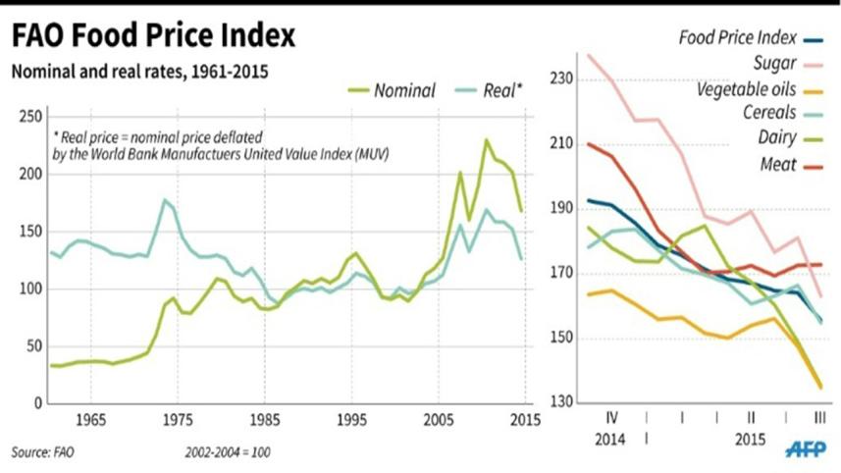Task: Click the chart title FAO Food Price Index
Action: tap(153, 36)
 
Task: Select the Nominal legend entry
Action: tap(402, 90)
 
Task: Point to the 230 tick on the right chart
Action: tap(563, 77)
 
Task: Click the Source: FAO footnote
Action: tap(42, 451)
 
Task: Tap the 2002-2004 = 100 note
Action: tap(227, 451)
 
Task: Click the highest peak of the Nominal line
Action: tap(485, 139)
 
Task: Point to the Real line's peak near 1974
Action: tap(164, 200)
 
